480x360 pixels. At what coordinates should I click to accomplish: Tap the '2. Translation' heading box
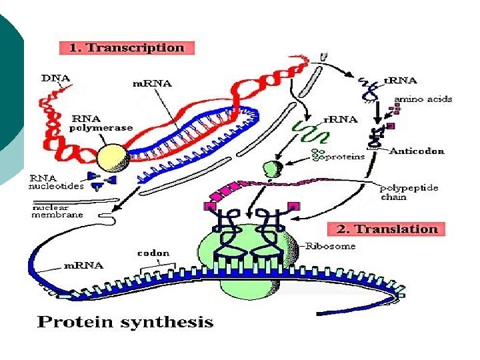click(387, 229)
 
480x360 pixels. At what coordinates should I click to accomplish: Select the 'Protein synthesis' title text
click(125, 323)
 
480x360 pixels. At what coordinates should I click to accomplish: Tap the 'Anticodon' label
click(417, 151)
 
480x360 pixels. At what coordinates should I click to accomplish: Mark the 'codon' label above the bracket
click(153, 253)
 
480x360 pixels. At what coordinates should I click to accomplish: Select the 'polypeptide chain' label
click(409, 192)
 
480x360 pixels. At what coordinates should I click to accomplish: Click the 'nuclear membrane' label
click(58, 211)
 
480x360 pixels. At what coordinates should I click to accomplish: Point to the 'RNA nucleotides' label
click(57, 183)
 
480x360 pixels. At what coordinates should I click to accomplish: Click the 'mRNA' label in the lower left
click(83, 265)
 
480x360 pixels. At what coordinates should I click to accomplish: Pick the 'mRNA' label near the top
click(151, 83)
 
